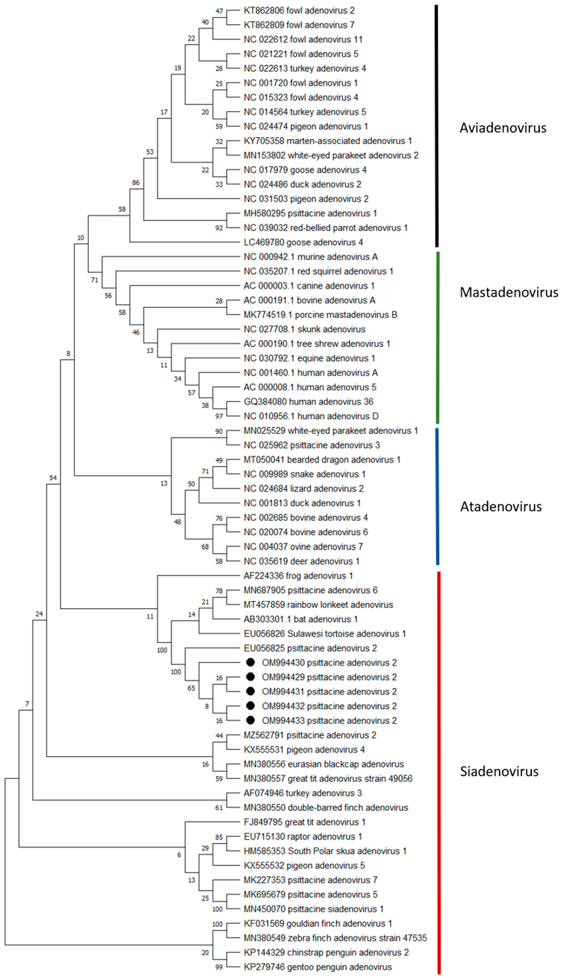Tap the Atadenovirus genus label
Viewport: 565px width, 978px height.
501,506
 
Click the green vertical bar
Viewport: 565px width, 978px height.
438,338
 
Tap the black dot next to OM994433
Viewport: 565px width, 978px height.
250,720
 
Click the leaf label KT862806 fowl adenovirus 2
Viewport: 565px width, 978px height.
299,11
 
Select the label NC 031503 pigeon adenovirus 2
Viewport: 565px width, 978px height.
306,199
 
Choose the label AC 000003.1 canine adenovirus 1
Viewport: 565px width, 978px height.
309,286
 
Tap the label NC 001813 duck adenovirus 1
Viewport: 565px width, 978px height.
302,503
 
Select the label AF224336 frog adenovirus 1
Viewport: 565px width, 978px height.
298,575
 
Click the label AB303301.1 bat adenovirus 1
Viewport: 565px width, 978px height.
300,619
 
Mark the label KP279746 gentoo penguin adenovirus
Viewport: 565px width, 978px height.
317,967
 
